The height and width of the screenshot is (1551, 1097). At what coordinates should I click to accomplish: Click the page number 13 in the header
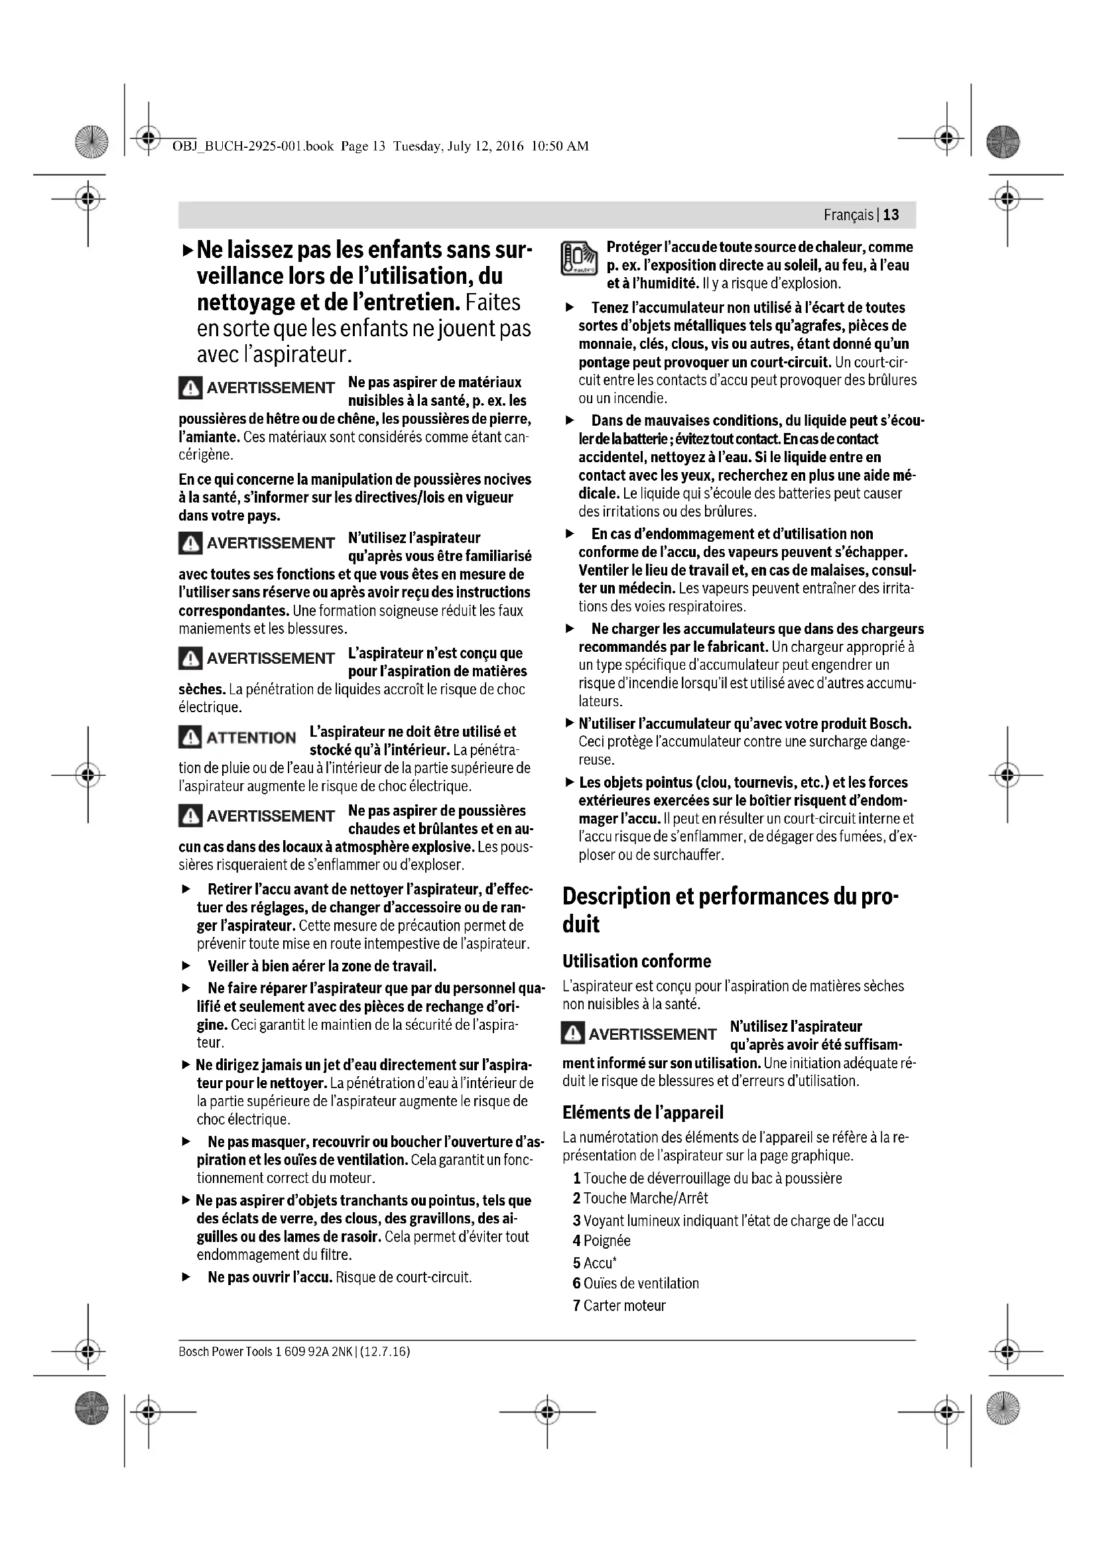891,215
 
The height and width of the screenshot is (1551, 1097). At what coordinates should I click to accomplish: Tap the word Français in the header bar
848,215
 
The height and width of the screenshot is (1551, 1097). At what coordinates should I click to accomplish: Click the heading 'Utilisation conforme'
636,962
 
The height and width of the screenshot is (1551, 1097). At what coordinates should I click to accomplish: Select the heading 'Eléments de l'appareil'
643,1113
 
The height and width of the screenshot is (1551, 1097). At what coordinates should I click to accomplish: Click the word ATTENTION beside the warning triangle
251,737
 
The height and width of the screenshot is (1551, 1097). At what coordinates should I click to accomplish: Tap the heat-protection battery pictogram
579,258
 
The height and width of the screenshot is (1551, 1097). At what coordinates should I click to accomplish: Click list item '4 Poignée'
601,1241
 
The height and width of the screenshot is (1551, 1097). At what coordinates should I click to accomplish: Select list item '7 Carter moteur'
619,1306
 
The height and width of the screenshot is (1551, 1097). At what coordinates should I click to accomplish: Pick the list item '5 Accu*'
594,1263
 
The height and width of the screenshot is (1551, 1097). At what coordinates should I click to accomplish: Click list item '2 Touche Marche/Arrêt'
641,1198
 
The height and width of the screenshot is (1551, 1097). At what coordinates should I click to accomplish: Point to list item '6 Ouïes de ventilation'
635,1284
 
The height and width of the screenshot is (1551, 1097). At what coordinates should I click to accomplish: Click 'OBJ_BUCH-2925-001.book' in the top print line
253,146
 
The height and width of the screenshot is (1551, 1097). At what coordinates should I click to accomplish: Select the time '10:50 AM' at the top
560,146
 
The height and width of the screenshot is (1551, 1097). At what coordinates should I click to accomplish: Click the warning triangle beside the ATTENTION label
190,737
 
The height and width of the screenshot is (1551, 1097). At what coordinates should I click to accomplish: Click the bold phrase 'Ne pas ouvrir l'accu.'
270,1277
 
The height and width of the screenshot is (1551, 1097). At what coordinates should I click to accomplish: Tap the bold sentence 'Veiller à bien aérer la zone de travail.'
322,966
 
